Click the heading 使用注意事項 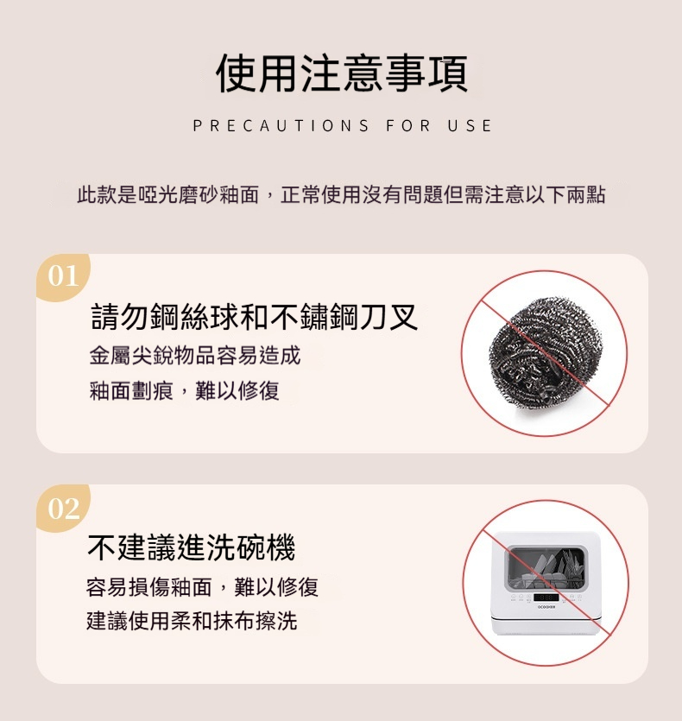pos(342,73)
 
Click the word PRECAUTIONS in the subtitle pos(281,125)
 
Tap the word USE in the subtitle pos(470,125)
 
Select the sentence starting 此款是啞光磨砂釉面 pos(341,194)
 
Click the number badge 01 pos(63,276)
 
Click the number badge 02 pos(63,508)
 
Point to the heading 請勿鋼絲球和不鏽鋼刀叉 pos(255,317)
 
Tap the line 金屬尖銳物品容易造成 pos(195,356)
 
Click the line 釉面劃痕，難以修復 pos(185,391)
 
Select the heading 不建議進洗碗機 pos(192,547)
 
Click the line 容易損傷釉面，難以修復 pos(202,587)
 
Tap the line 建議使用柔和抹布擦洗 pos(192,621)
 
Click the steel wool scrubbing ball pos(546,351)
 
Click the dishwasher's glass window pos(546,569)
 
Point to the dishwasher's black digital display pos(546,597)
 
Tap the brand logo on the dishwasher pos(546,607)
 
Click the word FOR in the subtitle pos(408,125)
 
